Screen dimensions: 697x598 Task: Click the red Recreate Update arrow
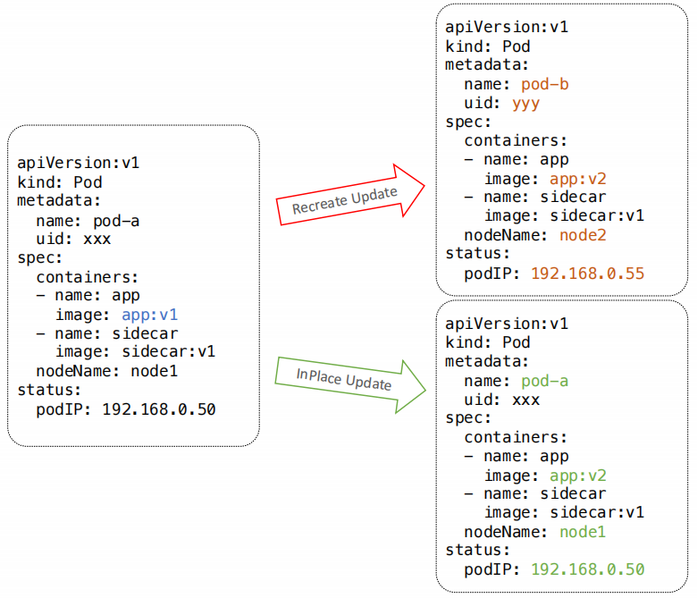pos(350,196)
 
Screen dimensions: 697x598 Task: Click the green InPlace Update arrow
pos(350,384)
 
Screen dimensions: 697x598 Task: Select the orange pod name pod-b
pos(544,84)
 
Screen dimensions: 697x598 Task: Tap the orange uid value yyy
pos(525,104)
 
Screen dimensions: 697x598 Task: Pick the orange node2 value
pos(583,235)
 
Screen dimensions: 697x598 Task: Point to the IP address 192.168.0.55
pos(588,273)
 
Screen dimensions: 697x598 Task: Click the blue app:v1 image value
pos(150,315)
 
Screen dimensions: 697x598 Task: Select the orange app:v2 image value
pos(578,179)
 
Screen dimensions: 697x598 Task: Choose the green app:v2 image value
pos(578,476)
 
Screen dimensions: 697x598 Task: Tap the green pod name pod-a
pos(544,381)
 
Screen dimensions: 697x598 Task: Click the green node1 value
pos(583,532)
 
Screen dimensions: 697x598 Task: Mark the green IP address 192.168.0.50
pos(588,569)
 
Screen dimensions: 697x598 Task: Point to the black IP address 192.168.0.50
pos(159,409)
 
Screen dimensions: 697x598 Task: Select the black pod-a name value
pos(116,221)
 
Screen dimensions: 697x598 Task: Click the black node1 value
pos(155,371)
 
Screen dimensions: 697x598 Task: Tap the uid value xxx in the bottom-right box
pos(525,400)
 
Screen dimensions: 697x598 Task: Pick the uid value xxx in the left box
pos(97,240)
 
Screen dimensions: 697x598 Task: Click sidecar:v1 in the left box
pos(169,351)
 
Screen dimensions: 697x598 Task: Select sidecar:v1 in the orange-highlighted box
pos(597,215)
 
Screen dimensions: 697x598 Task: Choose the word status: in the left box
pos(49,390)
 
